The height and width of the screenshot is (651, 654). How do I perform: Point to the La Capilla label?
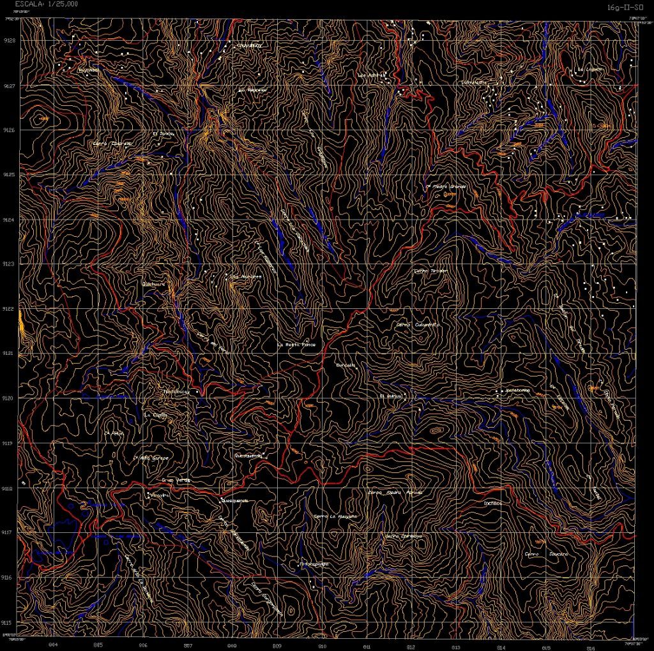tap(156, 414)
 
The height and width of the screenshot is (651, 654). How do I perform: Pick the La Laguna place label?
tap(590, 70)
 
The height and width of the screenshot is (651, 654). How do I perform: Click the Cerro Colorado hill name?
tap(112, 144)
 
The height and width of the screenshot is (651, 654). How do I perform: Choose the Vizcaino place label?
tap(159, 495)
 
